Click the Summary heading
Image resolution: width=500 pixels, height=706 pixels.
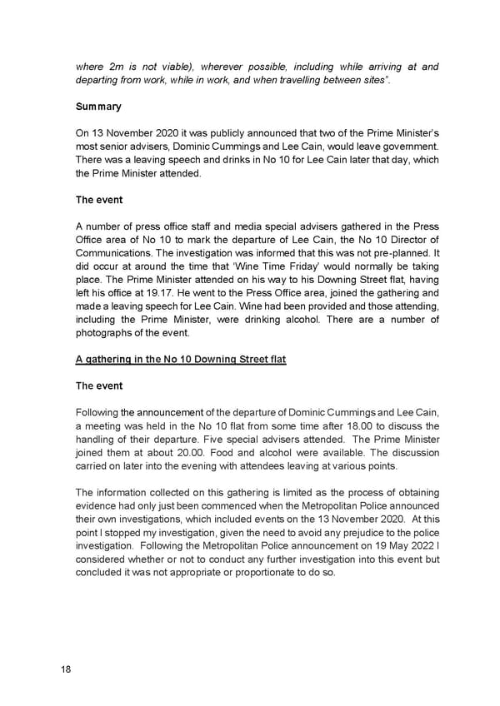click(x=98, y=107)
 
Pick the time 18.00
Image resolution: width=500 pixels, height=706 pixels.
click(x=283, y=425)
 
